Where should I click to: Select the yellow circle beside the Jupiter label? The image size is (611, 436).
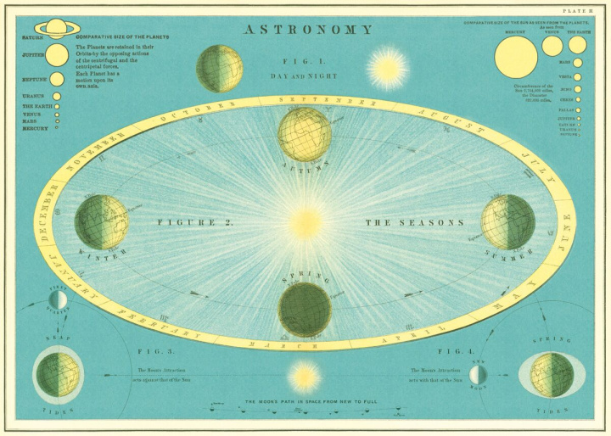point(58,55)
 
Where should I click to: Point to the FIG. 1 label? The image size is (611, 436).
point(297,62)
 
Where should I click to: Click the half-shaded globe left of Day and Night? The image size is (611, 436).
point(220,68)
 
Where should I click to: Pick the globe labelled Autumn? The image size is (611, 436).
point(304,134)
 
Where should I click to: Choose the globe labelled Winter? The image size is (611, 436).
point(101,222)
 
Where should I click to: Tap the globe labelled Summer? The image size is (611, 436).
point(507,222)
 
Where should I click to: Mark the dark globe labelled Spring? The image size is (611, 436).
point(304,310)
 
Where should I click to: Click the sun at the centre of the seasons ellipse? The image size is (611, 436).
point(304,223)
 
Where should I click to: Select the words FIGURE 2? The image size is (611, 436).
point(195,223)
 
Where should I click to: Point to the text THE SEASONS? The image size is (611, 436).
point(415,223)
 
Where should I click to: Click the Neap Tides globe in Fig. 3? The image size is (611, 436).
point(59,374)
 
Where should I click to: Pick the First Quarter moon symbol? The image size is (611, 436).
point(58,299)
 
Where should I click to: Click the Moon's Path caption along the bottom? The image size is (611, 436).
point(305,400)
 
